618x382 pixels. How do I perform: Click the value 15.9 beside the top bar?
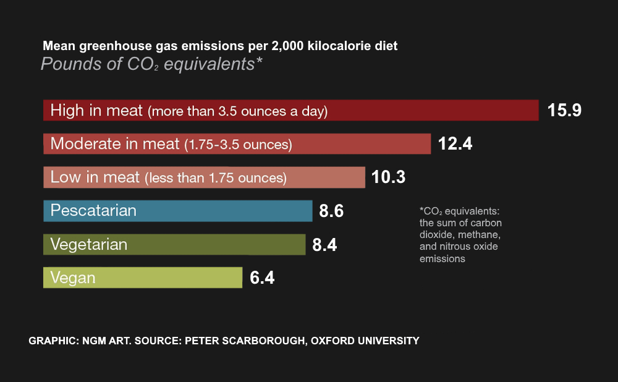(564, 111)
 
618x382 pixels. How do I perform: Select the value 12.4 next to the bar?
(455, 144)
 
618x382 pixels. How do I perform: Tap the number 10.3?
(389, 177)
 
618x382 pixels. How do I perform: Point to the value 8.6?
(331, 211)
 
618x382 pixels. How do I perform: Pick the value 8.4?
(324, 245)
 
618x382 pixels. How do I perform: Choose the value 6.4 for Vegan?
(262, 278)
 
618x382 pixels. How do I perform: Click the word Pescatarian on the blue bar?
(93, 211)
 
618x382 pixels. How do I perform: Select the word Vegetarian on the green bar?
(89, 244)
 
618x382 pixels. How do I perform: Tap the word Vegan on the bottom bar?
(73, 278)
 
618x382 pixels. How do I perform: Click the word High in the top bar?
(67, 111)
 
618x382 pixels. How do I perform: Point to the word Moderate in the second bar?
(85, 144)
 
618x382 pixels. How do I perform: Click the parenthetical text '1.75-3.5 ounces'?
(239, 145)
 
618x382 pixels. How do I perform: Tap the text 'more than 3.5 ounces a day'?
(237, 112)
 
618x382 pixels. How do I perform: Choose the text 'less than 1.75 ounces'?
(216, 179)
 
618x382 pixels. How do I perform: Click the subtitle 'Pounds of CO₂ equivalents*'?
(152, 64)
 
